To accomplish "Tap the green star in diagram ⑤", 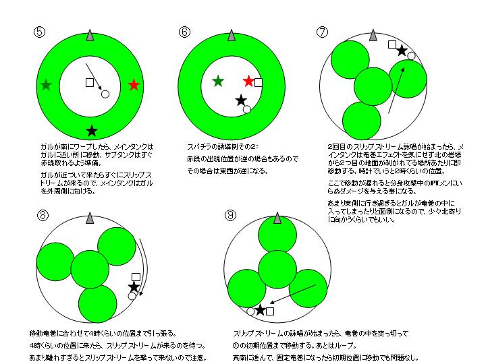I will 45,85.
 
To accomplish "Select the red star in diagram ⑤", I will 134,85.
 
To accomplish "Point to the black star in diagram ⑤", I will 92,129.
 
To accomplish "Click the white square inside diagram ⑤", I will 89,82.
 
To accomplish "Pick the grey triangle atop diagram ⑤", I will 90,35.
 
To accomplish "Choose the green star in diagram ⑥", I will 217,82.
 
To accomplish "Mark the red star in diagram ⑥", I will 248,82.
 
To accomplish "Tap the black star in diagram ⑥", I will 241,100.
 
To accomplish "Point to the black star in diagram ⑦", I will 402,50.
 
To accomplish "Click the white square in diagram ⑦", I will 392,44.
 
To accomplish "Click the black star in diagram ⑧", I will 134,287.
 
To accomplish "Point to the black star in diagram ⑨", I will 260,310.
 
